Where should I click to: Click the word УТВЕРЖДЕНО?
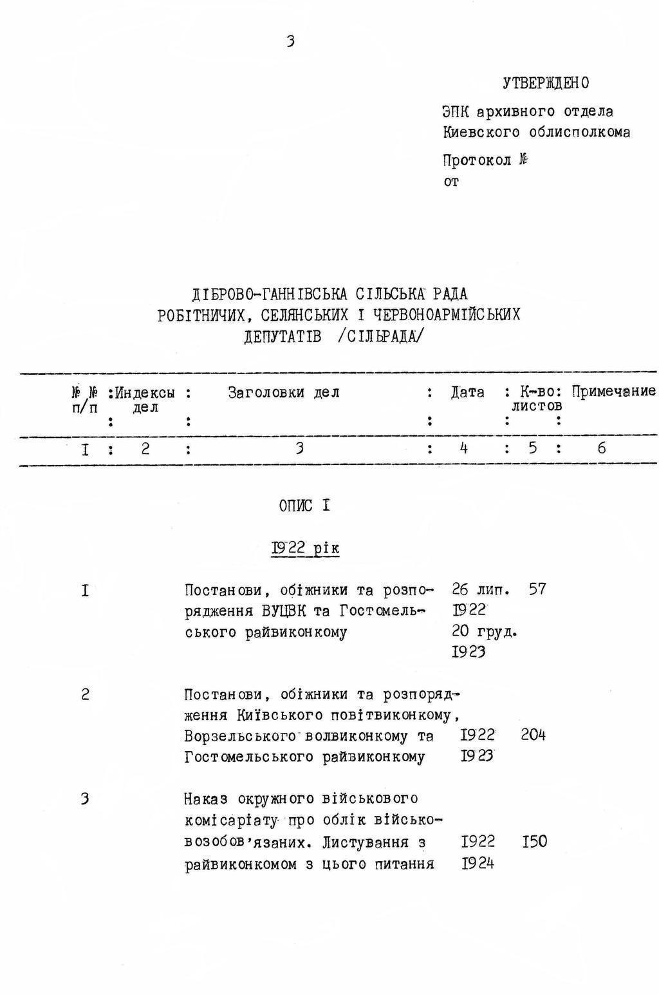[x=545, y=83]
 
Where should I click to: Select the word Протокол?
[x=477, y=160]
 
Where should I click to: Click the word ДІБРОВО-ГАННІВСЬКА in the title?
[x=270, y=294]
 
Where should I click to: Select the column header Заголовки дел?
[x=283, y=392]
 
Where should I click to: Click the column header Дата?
[x=467, y=392]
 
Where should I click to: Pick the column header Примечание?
[x=613, y=391]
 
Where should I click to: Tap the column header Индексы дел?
[x=145, y=399]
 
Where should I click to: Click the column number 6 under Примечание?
[x=601, y=448]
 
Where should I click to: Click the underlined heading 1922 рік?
[x=305, y=548]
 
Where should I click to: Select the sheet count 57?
[x=537, y=589]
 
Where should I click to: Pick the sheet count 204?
[x=533, y=735]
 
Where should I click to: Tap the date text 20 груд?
[x=484, y=631]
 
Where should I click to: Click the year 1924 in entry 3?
[x=478, y=864]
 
